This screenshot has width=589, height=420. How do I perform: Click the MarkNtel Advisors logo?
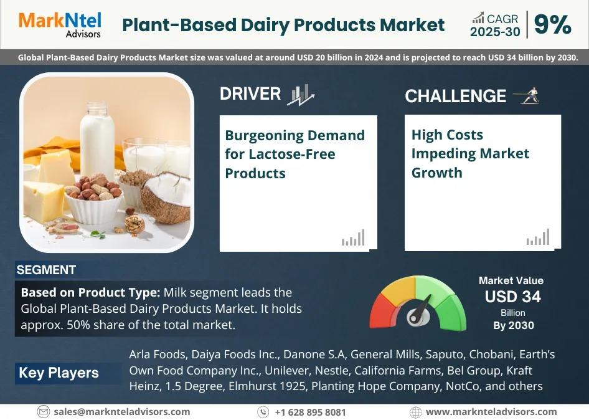point(60,25)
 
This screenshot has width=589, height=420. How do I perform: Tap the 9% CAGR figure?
point(552,25)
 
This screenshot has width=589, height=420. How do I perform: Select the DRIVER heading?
point(250,94)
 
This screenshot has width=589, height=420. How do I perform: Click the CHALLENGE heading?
point(455,96)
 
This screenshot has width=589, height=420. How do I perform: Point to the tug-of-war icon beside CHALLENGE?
point(527,95)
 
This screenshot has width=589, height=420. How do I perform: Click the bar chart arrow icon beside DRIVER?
point(301,94)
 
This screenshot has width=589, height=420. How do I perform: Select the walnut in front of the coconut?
point(134,224)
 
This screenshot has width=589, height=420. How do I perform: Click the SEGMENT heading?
point(46,270)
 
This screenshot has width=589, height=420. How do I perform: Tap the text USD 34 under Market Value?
point(513,297)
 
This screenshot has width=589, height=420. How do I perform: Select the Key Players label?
point(59,373)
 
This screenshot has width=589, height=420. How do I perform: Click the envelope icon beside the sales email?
point(43,412)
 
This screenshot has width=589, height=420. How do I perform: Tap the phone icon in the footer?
point(263,412)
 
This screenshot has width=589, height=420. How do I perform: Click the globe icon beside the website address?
point(415,412)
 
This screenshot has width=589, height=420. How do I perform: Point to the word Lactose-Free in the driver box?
point(292,154)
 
